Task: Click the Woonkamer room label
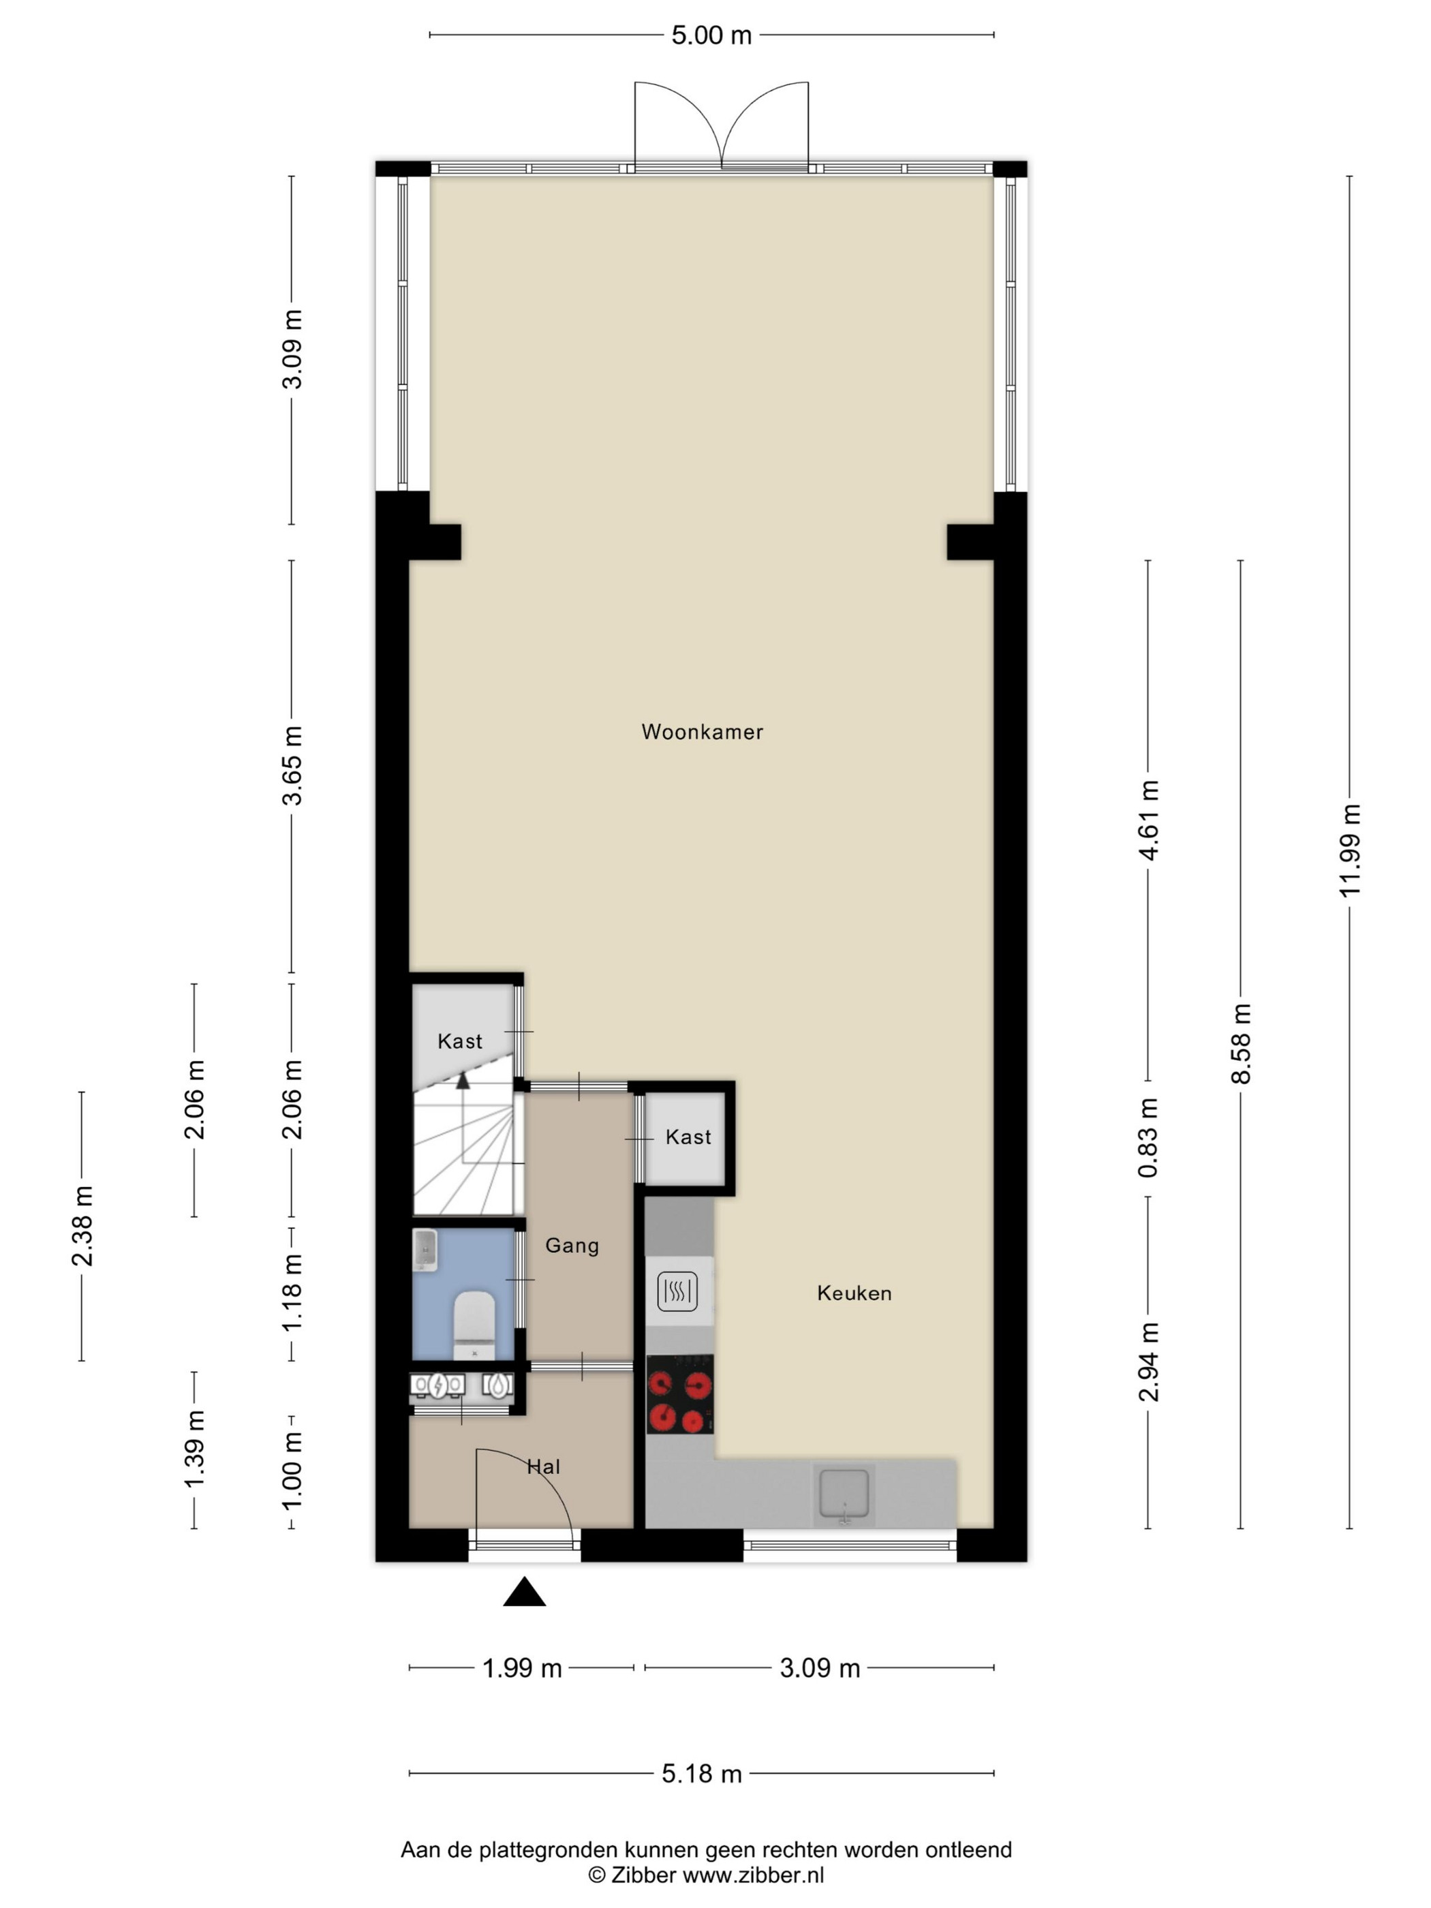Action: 702,733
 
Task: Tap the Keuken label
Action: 854,1293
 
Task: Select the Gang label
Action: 572,1246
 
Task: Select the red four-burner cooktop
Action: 679,1395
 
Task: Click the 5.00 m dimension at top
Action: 711,35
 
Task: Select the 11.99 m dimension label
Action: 1350,851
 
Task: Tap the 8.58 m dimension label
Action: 1242,1044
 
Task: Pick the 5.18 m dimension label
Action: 701,1774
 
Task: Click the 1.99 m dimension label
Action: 522,1668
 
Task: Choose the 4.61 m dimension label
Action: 1148,820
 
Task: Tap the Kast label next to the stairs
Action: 460,1041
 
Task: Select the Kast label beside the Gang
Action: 688,1137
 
